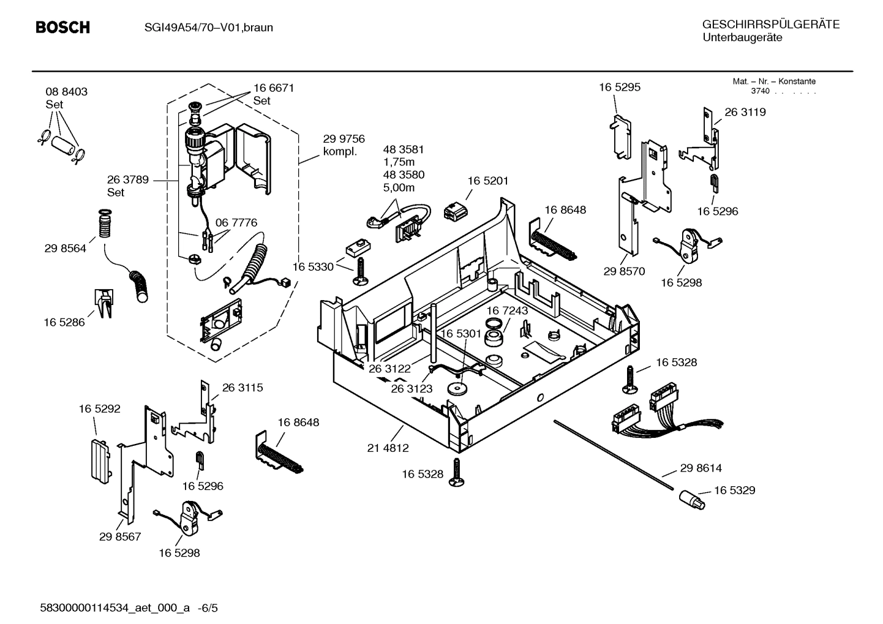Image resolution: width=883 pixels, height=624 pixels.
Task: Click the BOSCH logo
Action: coord(62,28)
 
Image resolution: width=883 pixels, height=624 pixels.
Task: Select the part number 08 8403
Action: coord(66,92)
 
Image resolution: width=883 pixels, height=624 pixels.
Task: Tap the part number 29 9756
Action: coord(344,139)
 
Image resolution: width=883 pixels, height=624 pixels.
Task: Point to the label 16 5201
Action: coord(487,181)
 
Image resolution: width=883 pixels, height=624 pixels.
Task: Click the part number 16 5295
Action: coord(619,88)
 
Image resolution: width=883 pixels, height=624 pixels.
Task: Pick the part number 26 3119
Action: coord(745,112)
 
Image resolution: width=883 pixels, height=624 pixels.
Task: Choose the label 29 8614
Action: coord(701,468)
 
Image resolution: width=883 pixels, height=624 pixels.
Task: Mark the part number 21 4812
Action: coord(388,448)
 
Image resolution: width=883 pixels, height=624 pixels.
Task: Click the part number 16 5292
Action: coord(99,408)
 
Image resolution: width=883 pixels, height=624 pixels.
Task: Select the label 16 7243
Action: coord(507,311)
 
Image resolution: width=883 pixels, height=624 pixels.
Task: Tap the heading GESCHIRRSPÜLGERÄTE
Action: coord(770,25)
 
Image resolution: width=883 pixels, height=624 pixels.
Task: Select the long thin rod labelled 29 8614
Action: coord(612,454)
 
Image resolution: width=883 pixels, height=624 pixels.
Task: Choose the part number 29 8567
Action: coord(120,536)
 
